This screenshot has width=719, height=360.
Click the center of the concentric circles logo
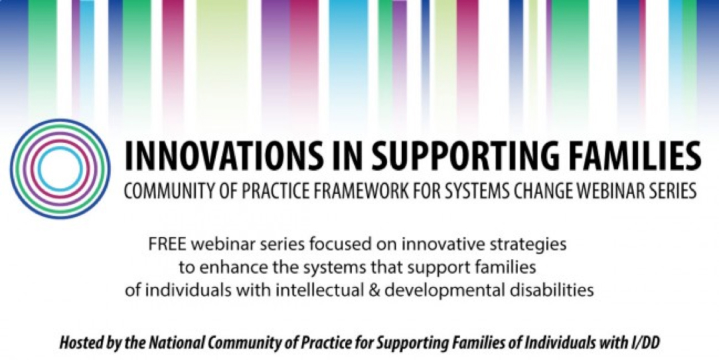click(x=60, y=169)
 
